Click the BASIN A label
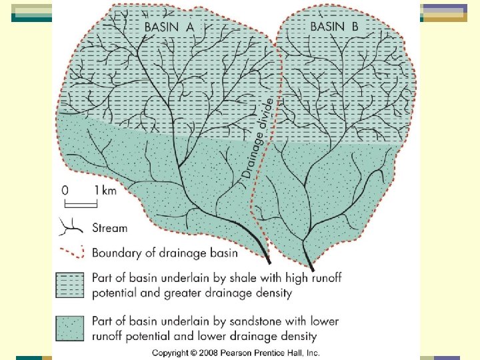pyautogui.click(x=169, y=27)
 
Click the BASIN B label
pyautogui.click(x=334, y=27)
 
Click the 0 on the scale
pyautogui.click(x=65, y=190)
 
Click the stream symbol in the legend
pyautogui.click(x=70, y=227)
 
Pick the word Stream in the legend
pyautogui.click(x=109, y=228)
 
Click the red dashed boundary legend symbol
pyautogui.click(x=70, y=252)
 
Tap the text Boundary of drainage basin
pyautogui.click(x=165, y=253)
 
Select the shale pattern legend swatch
pyautogui.click(x=70, y=285)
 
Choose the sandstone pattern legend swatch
pyautogui.click(x=70, y=329)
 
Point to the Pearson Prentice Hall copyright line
pyautogui.click(x=236, y=352)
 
